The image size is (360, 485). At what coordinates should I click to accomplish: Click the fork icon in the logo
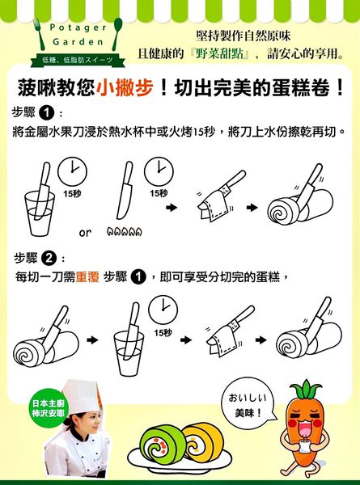coord(39,34)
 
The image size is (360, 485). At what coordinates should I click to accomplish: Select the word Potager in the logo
coord(78,27)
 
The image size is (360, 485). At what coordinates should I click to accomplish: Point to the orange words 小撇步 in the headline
coord(125,88)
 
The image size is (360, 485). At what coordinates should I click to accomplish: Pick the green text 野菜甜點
coord(219,53)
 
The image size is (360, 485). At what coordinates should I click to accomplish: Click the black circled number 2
coord(49,258)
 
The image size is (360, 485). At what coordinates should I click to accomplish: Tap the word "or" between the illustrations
coord(85,233)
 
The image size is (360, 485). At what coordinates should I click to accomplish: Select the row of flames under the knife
coord(125,231)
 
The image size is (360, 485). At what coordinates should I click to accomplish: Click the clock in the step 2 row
coord(163,310)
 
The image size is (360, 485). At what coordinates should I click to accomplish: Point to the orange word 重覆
coord(87,276)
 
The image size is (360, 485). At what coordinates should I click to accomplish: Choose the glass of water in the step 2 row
coord(129,353)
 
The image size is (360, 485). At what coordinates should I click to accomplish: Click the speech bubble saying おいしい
coord(248,403)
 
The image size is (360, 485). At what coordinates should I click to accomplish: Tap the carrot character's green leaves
coord(306,390)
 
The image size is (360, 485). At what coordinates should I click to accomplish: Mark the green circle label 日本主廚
coord(48,408)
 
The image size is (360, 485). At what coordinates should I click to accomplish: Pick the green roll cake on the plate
coord(163,444)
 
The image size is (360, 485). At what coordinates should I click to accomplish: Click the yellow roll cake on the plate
coord(204,441)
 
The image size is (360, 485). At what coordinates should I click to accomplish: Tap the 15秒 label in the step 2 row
coord(163,333)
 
